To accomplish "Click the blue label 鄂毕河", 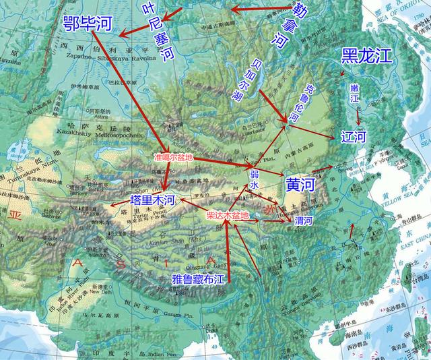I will click(x=88, y=25).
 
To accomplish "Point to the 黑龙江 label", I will click(x=366, y=57).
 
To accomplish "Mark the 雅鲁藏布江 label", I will click(x=199, y=278).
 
